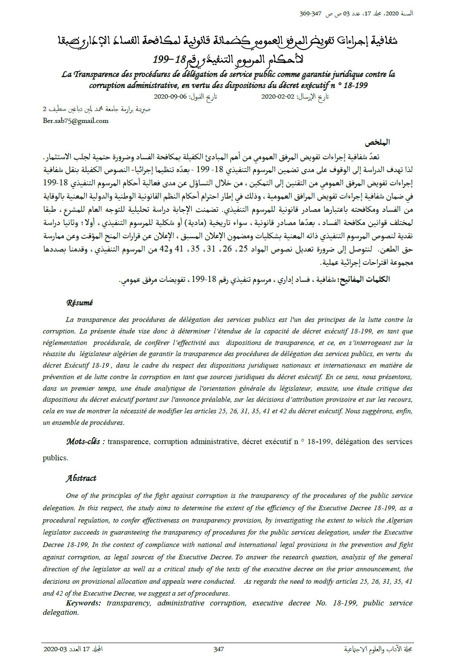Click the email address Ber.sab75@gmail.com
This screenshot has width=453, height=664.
(x=76, y=121)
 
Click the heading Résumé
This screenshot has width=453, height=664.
(x=79, y=303)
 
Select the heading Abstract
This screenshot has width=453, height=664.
(x=81, y=478)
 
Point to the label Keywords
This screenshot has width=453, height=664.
(x=83, y=603)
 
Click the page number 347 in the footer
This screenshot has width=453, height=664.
(x=219, y=649)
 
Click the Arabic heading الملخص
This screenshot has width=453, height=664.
(x=377, y=142)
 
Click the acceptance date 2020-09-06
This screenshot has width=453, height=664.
(x=170, y=97)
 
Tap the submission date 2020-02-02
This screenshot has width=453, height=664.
(x=278, y=97)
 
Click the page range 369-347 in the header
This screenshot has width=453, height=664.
(x=310, y=14)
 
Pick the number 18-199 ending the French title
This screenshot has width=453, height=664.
(x=355, y=85)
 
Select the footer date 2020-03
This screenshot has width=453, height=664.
(x=55, y=649)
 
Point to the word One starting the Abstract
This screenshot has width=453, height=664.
(x=72, y=496)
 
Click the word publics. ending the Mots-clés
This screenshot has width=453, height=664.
(x=55, y=458)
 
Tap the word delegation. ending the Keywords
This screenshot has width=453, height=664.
(x=61, y=612)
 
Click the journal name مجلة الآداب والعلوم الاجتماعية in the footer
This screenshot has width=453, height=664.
(x=378, y=649)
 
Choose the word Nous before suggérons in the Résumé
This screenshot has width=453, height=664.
(x=352, y=411)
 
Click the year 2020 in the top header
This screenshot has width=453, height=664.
(x=392, y=14)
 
